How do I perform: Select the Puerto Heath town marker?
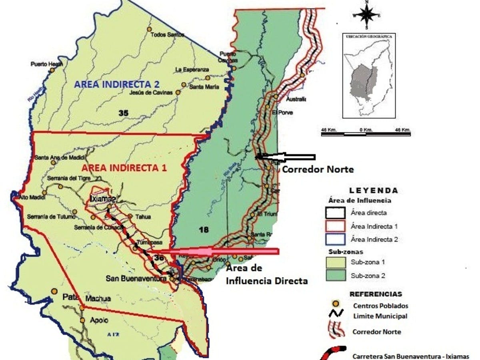click(x=52, y=70)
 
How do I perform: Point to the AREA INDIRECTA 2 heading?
click(x=117, y=84)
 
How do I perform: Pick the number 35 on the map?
click(x=124, y=113)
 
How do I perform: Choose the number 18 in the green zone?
click(x=204, y=229)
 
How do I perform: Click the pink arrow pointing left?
click(x=224, y=251)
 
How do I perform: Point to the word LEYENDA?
click(x=373, y=190)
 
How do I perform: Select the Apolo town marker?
click(x=82, y=320)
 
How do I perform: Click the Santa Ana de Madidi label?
click(x=58, y=157)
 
